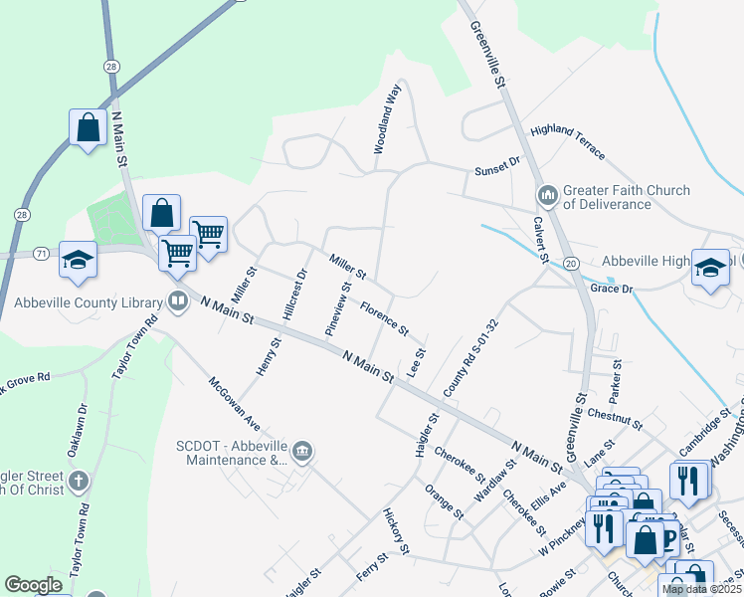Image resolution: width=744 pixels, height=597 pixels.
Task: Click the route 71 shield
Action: click(41, 254)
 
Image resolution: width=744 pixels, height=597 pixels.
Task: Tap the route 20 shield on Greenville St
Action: click(571, 263)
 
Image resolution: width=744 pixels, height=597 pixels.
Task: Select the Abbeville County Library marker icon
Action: click(178, 300)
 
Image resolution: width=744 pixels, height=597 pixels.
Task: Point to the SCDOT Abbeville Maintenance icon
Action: click(303, 453)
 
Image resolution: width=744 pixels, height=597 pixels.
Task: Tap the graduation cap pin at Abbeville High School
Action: click(711, 268)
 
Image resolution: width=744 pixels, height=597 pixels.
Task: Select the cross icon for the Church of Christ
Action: click(79, 482)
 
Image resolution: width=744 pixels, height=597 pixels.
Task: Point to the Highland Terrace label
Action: click(567, 140)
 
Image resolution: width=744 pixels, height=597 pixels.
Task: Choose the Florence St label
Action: click(384, 318)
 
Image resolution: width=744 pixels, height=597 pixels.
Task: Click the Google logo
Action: click(33, 585)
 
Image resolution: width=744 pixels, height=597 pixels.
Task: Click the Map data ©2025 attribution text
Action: click(701, 589)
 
